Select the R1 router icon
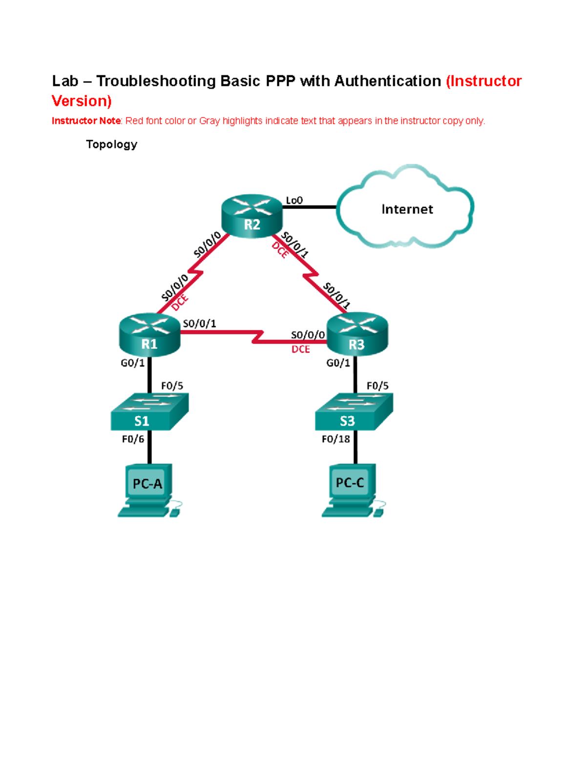point(149,335)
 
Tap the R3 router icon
point(357,335)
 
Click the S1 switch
point(149,412)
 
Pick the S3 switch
point(354,412)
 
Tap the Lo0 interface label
point(294,200)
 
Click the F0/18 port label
point(335,439)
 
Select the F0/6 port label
point(133,439)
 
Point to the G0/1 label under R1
point(133,363)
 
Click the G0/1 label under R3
point(338,363)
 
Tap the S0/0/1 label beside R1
point(199,324)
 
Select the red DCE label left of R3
point(300,349)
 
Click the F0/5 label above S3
point(377,386)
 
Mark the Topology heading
point(111,144)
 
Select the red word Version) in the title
point(82,101)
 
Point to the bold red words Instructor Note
point(86,121)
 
